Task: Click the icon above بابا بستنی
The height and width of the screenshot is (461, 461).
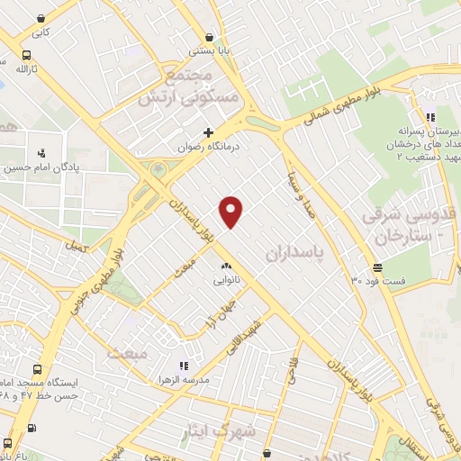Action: coord(209,37)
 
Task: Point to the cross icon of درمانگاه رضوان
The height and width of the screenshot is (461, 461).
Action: coord(208,132)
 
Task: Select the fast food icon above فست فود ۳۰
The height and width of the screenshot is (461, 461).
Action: coord(376,267)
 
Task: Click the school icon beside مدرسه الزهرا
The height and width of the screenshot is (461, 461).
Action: coord(183,366)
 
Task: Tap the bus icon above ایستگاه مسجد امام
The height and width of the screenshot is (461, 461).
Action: coord(36,369)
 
